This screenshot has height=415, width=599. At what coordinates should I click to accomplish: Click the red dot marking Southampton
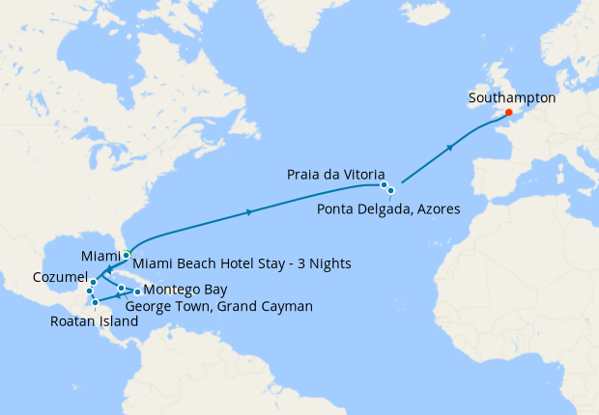pyautogui.click(x=508, y=112)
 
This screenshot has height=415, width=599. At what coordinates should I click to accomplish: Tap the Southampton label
pyautogui.click(x=511, y=97)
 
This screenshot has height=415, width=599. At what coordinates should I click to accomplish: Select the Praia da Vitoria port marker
pyautogui.click(x=384, y=184)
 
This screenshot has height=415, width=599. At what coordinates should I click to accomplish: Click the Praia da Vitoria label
pyautogui.click(x=337, y=174)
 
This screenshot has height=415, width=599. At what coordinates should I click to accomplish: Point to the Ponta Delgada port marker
pyautogui.click(x=391, y=191)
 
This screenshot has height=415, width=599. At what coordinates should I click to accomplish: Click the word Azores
pyautogui.click(x=435, y=209)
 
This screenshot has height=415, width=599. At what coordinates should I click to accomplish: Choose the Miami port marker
pyautogui.click(x=127, y=255)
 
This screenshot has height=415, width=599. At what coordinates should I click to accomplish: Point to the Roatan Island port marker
pyautogui.click(x=95, y=303)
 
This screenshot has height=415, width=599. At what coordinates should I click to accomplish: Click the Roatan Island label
pyautogui.click(x=95, y=323)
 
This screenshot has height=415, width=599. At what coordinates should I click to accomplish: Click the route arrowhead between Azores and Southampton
pyautogui.click(x=450, y=148)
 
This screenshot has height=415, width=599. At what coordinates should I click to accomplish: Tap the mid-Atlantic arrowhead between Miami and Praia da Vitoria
pyautogui.click(x=251, y=211)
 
